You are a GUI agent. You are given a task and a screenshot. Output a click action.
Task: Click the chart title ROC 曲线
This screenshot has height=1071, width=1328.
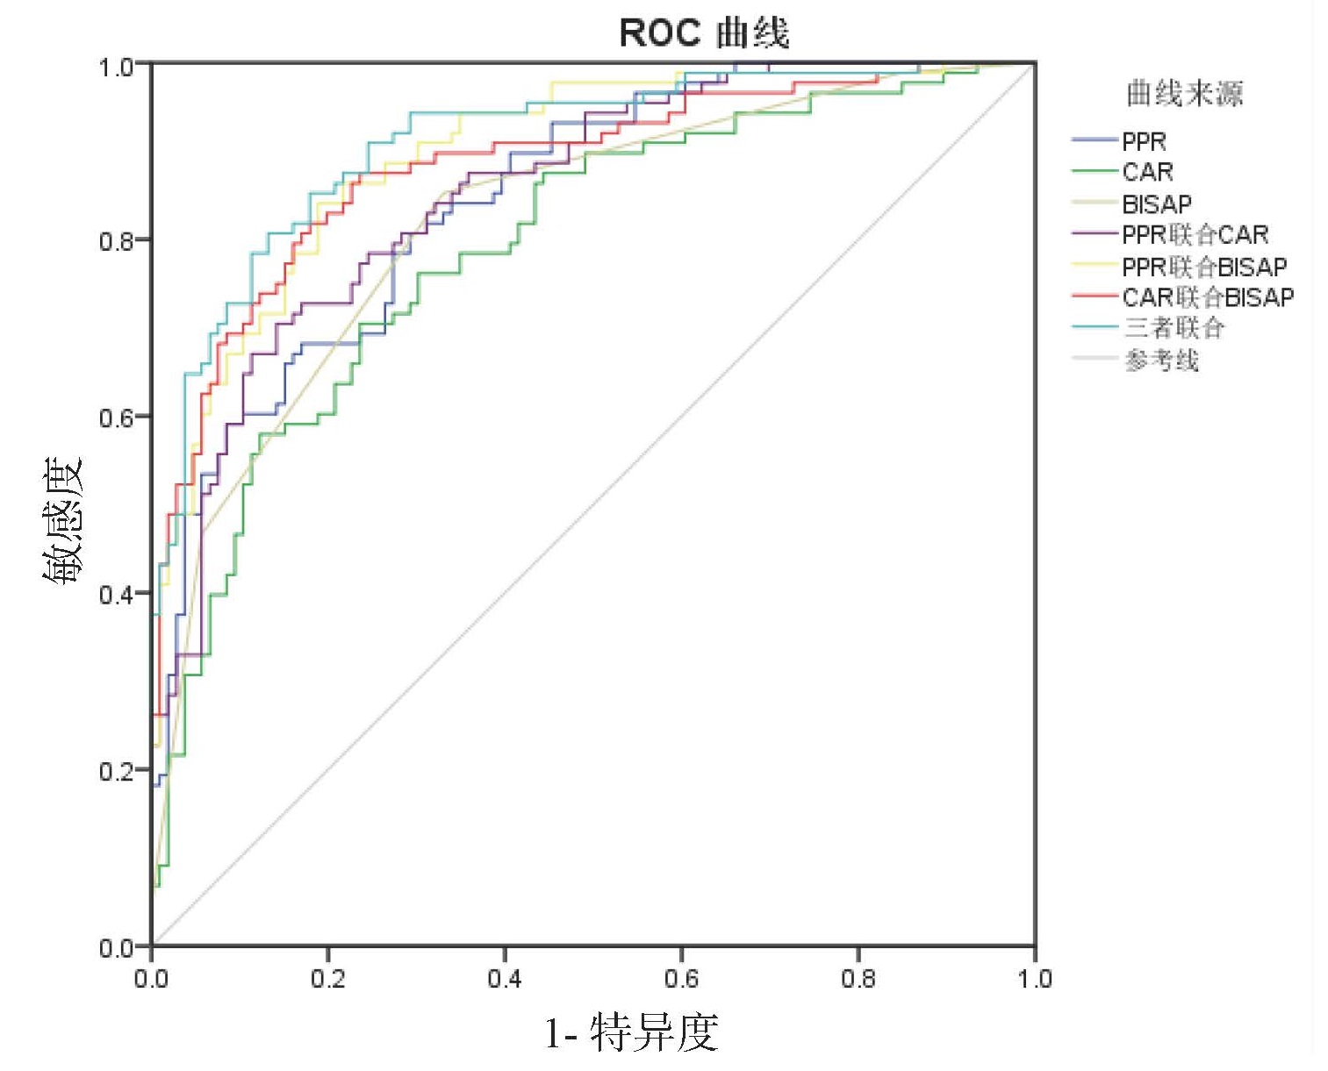(704, 33)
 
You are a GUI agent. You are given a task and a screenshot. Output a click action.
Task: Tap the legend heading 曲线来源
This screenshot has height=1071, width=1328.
(1184, 93)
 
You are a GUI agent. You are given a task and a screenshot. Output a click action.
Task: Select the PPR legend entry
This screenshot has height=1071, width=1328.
(1144, 141)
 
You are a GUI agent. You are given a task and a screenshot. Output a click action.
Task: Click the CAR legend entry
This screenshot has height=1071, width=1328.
(1147, 172)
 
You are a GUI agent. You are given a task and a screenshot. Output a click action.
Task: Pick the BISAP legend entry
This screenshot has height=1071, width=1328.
(1157, 204)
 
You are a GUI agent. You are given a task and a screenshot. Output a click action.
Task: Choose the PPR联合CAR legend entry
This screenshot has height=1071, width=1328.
(1195, 235)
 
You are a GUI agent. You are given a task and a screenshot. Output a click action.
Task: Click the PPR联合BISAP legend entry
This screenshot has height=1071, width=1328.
(1204, 267)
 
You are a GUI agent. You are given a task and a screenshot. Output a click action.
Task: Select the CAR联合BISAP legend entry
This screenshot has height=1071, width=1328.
(1208, 297)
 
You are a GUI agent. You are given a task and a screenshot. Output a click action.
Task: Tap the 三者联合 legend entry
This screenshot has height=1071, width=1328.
(1174, 328)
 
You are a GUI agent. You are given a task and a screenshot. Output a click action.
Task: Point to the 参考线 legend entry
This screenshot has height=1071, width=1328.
(1161, 360)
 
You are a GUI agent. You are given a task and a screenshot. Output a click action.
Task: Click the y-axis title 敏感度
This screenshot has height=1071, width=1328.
(62, 519)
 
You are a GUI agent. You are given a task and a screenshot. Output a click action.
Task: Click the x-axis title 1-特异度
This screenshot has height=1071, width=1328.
(631, 1032)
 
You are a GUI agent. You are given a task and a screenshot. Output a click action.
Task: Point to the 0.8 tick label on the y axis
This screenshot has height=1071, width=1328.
(116, 241)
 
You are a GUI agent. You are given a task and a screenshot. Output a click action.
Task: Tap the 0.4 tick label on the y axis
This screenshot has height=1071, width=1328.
(116, 595)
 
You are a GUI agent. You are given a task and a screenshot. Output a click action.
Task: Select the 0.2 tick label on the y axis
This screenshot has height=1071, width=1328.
(116, 772)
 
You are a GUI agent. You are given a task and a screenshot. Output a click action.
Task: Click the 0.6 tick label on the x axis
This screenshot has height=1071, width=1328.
(681, 978)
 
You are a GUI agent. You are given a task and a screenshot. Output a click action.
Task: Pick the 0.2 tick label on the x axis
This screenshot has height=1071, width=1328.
(327, 978)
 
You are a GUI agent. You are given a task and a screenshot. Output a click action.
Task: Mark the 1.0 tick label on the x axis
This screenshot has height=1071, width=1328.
(1035, 978)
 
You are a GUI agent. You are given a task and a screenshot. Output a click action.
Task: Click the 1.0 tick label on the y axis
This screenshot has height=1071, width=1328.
(116, 67)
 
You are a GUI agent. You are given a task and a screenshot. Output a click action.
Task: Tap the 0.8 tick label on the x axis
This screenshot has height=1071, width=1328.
(858, 978)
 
